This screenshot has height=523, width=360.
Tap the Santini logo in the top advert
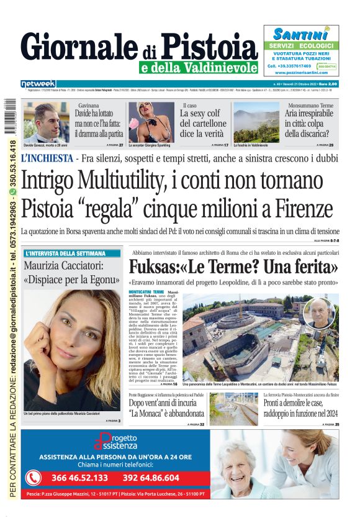(x=300, y=34)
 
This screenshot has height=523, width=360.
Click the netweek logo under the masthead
(x=38, y=84)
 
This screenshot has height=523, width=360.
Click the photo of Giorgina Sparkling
(x=151, y=121)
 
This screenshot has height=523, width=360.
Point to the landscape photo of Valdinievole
(x=256, y=125)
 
